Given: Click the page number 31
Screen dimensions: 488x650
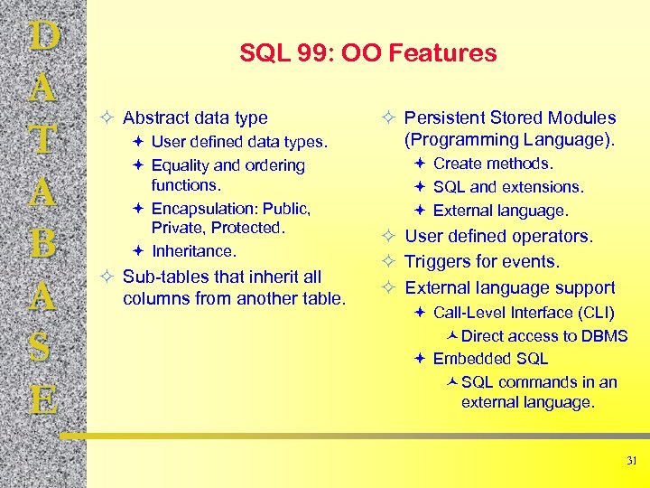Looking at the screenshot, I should click(x=631, y=461).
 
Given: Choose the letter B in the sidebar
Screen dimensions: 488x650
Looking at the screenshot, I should click(x=43, y=244).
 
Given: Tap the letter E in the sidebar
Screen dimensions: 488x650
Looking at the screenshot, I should click(x=43, y=399).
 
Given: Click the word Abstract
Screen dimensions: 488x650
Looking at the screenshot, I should click(x=153, y=117).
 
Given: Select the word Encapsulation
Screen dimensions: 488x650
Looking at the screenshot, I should click(x=205, y=209).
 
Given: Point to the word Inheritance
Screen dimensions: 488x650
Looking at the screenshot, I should click(x=192, y=251).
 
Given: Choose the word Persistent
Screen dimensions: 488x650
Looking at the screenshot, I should click(x=444, y=117).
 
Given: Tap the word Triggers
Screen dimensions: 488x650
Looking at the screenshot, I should click(x=438, y=262).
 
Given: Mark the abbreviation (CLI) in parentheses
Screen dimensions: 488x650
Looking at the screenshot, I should click(x=598, y=313).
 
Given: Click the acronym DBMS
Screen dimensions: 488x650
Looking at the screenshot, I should click(x=605, y=336).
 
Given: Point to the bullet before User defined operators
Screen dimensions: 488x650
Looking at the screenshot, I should click(x=390, y=237).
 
